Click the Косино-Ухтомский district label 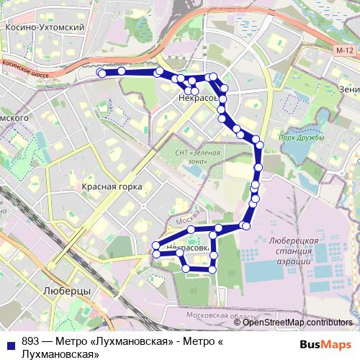coord(45,27)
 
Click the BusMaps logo coord(330,344)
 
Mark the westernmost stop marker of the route coord(102,73)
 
